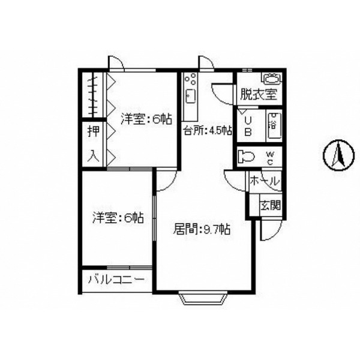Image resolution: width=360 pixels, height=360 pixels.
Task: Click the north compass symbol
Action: click(x=338, y=155)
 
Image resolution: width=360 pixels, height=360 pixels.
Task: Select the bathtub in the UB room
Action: click(x=274, y=125)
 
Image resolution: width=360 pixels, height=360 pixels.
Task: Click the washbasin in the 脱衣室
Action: click(x=272, y=78)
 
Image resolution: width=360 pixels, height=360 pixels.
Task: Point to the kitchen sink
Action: click(x=191, y=97)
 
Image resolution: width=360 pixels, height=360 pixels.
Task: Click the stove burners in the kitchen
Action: click(x=191, y=78)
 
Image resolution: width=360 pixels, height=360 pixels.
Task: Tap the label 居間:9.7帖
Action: click(x=202, y=229)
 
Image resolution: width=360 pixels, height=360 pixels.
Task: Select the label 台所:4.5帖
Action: click(x=208, y=131)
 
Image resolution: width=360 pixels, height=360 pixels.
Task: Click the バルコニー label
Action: click(x=117, y=280)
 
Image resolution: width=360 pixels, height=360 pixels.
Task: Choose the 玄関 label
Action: click(x=271, y=205)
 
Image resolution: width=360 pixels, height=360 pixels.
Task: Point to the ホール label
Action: click(x=265, y=181)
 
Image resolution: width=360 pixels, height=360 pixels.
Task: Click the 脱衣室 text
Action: click(x=259, y=94)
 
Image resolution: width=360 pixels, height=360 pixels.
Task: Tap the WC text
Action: click(x=270, y=158)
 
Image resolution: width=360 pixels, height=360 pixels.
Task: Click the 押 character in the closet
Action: click(x=94, y=132)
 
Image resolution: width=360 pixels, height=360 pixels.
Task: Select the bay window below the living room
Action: click(x=203, y=298)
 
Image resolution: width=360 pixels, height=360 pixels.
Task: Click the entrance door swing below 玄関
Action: click(x=271, y=230)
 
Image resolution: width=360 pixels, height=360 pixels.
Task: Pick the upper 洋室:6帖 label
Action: click(x=146, y=119)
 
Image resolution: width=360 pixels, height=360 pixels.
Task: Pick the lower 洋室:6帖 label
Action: click(x=118, y=217)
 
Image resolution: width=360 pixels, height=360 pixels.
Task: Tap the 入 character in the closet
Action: click(x=94, y=156)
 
